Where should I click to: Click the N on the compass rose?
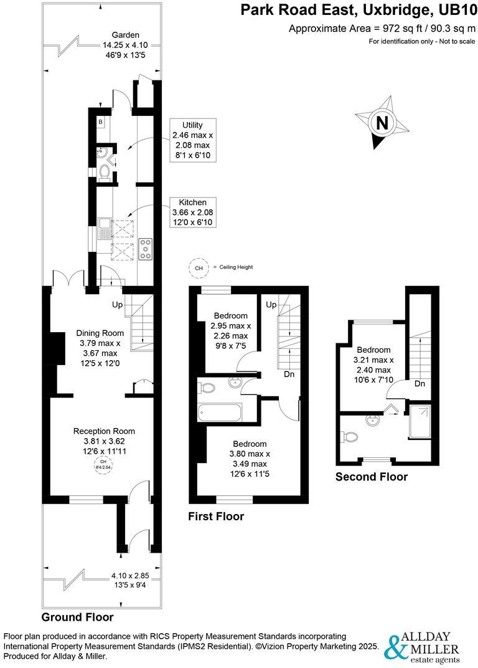(382, 123)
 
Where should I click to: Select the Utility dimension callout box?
(192, 140)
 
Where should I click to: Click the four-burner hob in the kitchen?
(146, 249)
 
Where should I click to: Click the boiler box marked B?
(100, 122)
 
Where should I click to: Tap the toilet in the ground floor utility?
(105, 172)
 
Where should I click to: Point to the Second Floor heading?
(372, 477)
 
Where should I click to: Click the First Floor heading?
(216, 516)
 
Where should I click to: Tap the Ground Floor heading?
(77, 618)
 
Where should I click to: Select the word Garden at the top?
(125, 35)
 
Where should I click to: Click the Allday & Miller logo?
(424, 647)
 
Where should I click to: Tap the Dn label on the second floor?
(419, 384)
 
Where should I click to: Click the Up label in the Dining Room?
(117, 305)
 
